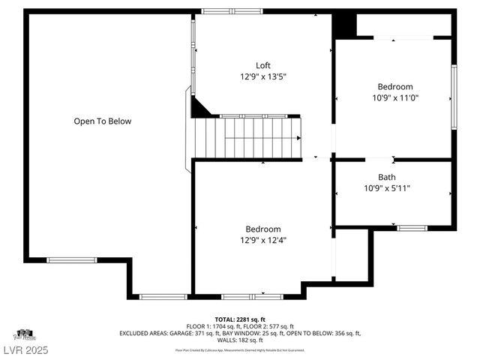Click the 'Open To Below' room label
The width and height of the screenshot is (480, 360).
[102, 121]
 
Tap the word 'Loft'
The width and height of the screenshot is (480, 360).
[262, 65]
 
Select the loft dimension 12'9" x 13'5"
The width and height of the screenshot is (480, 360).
[262, 76]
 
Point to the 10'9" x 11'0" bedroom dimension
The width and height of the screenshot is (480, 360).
[394, 97]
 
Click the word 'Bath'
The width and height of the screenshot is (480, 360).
[387, 177]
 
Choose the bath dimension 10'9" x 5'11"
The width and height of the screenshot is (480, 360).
[387, 188]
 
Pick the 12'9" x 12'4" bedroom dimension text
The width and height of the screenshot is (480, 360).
[262, 240]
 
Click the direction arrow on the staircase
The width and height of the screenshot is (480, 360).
[298, 138]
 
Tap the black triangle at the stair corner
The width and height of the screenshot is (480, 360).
[199, 109]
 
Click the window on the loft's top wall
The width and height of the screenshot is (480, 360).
[232, 11]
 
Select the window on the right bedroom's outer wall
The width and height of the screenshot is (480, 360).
[454, 97]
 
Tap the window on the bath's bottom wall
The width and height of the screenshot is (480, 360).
[412, 227]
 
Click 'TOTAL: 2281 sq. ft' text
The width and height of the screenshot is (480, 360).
[240, 319]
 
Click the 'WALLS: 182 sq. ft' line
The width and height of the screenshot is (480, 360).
[240, 340]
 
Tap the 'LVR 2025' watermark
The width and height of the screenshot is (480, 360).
[25, 350]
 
